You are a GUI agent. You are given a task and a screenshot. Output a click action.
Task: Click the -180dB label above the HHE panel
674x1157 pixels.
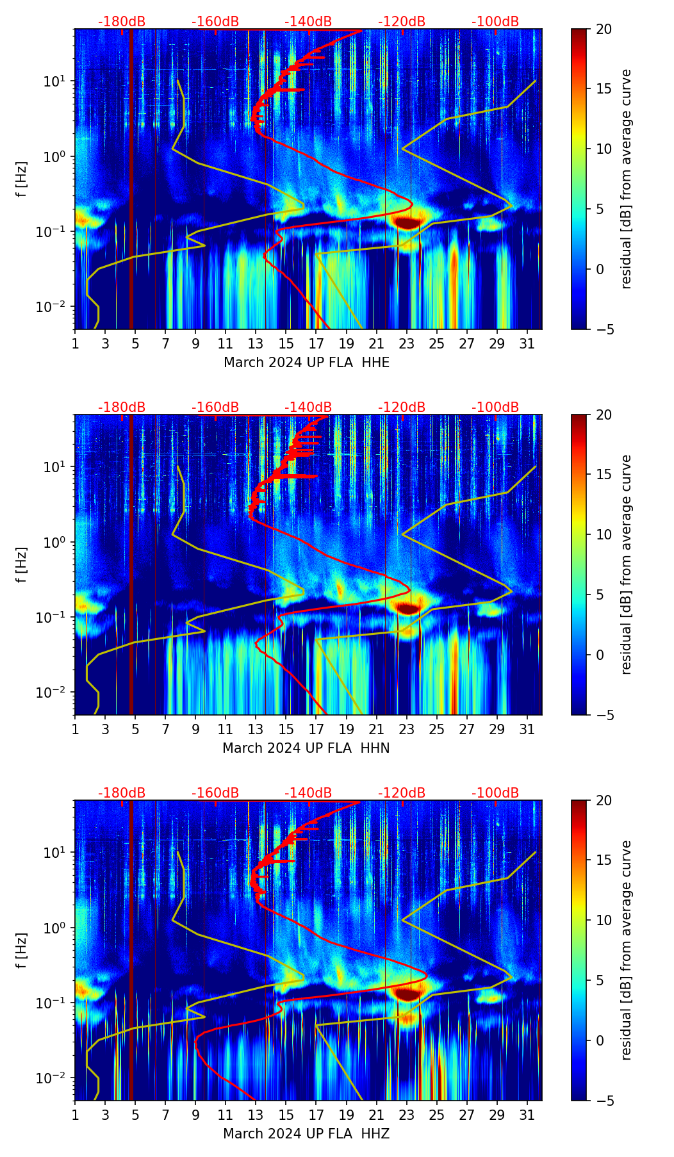click(x=122, y=22)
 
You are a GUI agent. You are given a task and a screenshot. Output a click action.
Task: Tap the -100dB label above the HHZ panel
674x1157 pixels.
click(x=495, y=793)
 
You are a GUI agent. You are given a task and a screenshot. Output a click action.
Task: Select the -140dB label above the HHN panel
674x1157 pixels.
click(x=308, y=407)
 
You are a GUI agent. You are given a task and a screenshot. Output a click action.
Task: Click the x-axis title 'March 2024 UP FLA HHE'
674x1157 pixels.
click(x=306, y=363)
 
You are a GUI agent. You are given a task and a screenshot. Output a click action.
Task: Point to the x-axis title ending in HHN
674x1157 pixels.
click(x=306, y=748)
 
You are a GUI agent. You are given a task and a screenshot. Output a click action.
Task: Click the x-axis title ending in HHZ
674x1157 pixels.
click(x=306, y=1134)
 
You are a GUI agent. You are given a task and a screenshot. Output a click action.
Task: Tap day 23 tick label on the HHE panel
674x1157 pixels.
click(x=407, y=344)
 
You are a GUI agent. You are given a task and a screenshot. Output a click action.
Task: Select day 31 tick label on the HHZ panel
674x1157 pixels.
click(x=527, y=1115)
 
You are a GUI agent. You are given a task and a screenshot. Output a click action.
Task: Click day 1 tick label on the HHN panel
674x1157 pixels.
click(x=75, y=730)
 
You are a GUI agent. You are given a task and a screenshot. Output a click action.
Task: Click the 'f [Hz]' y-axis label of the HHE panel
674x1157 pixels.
click(x=22, y=179)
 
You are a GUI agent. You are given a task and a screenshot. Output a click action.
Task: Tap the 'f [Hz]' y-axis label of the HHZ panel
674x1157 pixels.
click(x=22, y=950)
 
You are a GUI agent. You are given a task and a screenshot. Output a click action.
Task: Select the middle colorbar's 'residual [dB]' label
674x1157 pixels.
click(x=627, y=564)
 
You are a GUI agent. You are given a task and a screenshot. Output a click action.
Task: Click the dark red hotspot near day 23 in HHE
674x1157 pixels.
click(x=407, y=222)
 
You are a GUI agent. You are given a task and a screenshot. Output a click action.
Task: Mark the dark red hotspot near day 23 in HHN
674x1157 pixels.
click(x=407, y=608)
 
